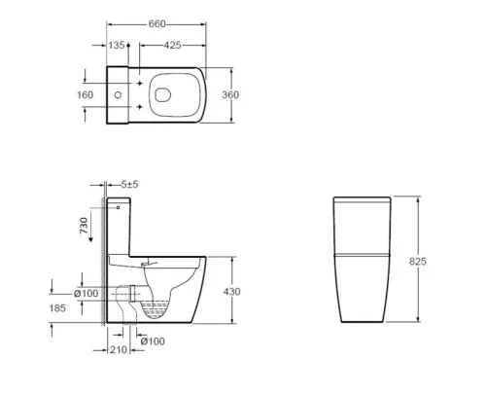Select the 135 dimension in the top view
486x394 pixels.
pyautogui.click(x=118, y=45)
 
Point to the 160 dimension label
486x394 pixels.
pyautogui.click(x=85, y=94)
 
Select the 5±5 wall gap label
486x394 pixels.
pyautogui.click(x=129, y=184)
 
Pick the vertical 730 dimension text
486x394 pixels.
pyautogui.click(x=84, y=228)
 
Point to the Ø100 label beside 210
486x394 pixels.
pyautogui.click(x=151, y=340)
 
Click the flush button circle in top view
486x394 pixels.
pyautogui.click(x=118, y=94)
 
